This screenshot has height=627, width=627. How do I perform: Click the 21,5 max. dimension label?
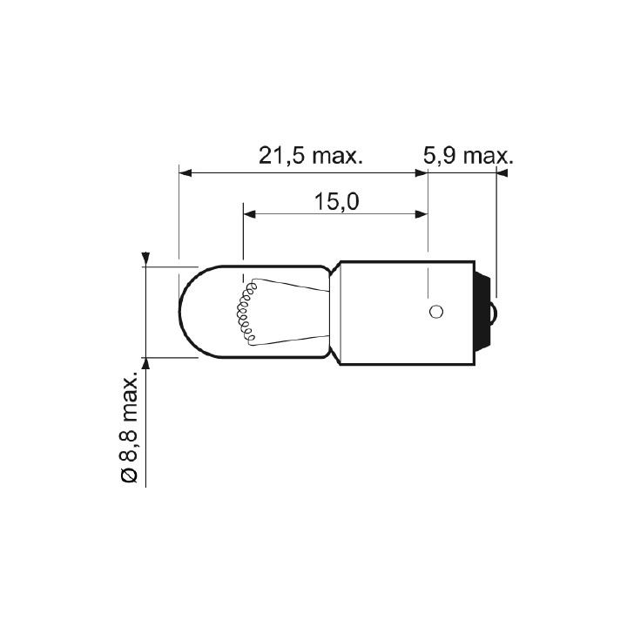[x=310, y=156]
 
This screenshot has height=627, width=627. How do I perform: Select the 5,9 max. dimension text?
[x=468, y=156]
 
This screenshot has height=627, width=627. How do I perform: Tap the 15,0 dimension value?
[x=337, y=201]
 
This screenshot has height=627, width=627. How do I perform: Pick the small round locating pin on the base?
[x=436, y=311]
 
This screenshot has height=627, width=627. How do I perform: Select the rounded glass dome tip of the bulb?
[x=188, y=312]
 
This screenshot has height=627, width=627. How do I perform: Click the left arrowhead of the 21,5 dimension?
[x=185, y=173]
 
